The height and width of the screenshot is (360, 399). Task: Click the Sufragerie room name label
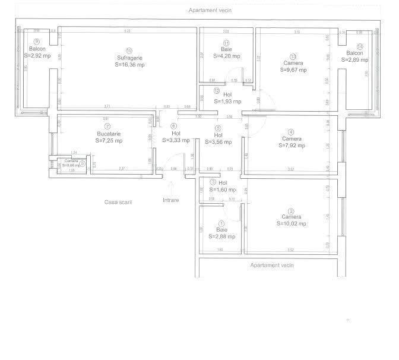[129, 58]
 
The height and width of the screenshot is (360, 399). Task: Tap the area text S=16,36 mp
[129, 65]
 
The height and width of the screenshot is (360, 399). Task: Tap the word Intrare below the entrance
[170, 200]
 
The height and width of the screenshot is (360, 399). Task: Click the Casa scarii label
[118, 202]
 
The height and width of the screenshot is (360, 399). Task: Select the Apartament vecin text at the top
[211, 10]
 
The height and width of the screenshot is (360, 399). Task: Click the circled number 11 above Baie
[226, 43]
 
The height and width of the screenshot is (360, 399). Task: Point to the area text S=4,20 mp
[226, 56]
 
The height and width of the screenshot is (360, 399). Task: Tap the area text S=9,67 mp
[293, 70]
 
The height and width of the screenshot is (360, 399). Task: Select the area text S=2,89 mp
[358, 60]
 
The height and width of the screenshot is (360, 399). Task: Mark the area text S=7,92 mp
[291, 146]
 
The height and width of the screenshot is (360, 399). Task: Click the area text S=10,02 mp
[291, 224]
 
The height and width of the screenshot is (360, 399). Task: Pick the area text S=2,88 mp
[222, 236]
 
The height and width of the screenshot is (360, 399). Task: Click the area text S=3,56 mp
[218, 141]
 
